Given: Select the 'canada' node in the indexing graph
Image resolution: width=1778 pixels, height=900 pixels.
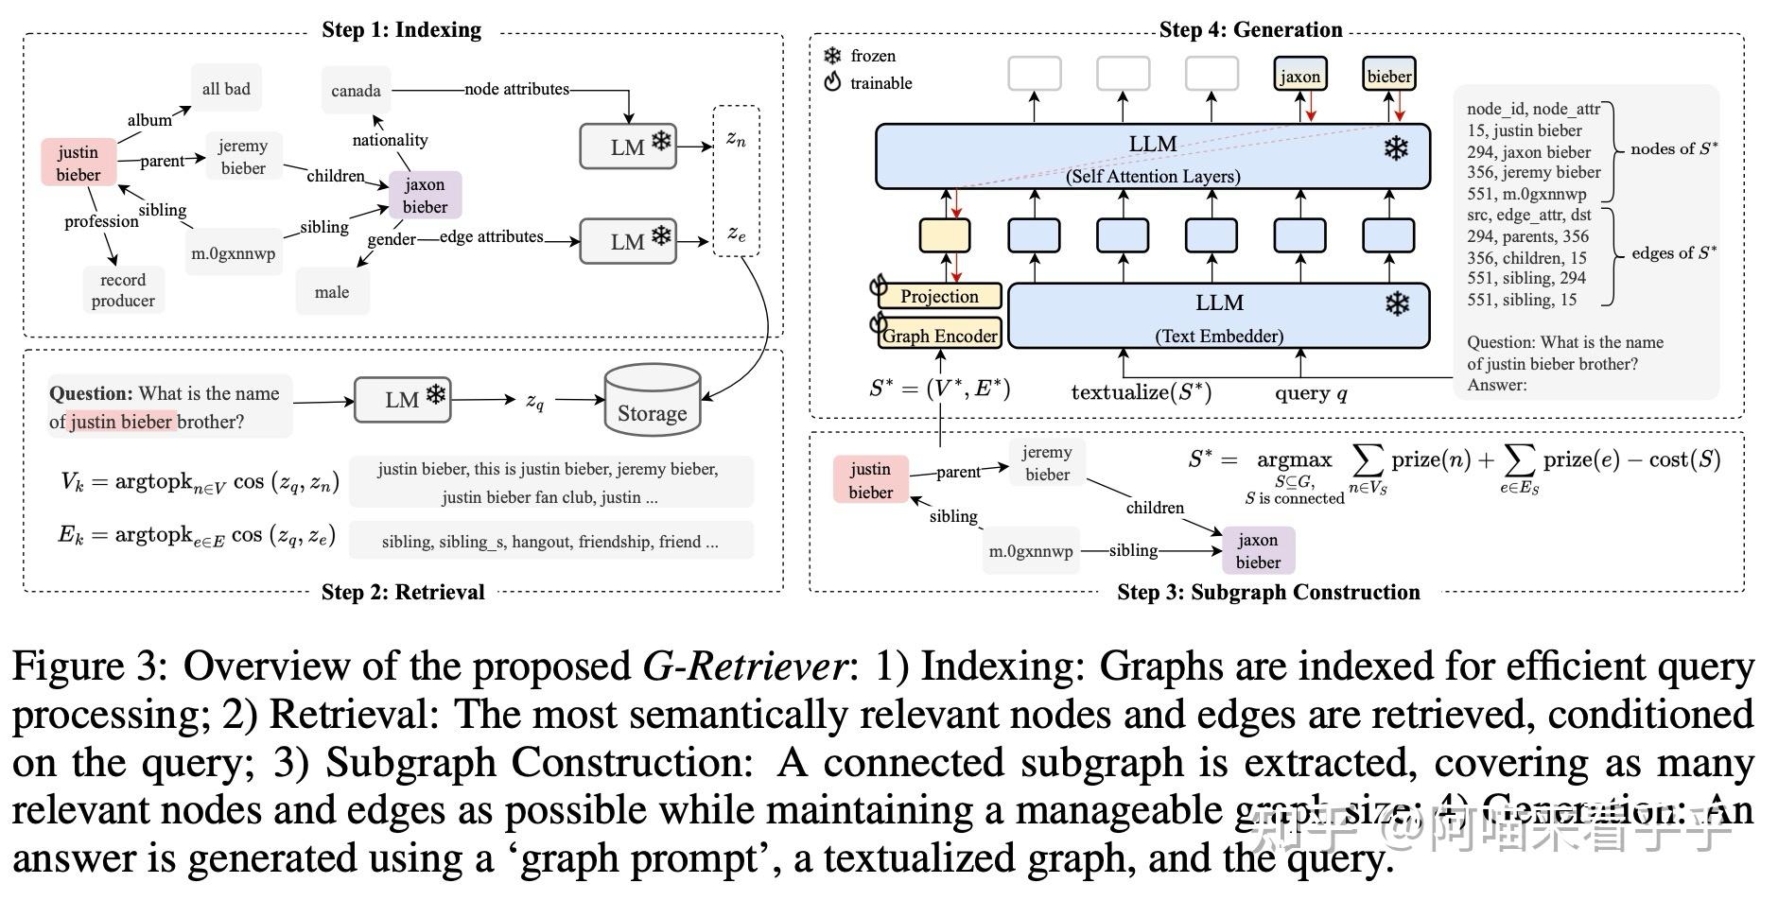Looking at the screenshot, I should click(356, 91).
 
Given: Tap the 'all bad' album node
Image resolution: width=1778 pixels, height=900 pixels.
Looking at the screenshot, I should click(226, 89).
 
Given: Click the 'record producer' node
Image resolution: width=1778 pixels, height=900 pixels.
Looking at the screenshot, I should click(123, 290).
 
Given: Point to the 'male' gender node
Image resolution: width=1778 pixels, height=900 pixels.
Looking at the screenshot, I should click(332, 292).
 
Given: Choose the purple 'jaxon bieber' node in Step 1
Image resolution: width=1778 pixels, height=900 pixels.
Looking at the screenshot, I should click(425, 196).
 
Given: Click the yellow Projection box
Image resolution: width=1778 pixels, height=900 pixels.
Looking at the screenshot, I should click(939, 296).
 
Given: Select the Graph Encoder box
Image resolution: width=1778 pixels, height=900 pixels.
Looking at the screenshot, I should click(939, 336).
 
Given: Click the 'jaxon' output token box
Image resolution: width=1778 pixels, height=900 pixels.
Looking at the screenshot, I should click(1299, 77).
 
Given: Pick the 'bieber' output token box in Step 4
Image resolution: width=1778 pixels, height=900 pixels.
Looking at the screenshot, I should click(1388, 77).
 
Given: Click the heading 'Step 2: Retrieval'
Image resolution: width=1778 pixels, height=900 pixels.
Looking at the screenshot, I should click(403, 592).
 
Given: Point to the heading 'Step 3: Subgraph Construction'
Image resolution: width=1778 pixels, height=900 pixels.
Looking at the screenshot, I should click(1267, 592).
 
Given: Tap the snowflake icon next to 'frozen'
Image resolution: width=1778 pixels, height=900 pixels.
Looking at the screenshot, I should click(832, 56).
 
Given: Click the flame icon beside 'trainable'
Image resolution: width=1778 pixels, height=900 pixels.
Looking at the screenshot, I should click(832, 82).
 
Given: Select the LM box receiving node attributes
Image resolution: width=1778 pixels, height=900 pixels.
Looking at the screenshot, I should click(627, 147).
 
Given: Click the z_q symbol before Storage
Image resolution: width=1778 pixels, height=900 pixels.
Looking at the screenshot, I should click(535, 401).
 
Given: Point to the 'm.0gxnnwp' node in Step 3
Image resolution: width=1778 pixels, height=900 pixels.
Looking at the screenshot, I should click(1031, 551).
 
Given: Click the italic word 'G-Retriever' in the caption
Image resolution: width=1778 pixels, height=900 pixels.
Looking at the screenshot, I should click(744, 666).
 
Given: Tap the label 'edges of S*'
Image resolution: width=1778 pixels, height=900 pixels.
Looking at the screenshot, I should click(1673, 252).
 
